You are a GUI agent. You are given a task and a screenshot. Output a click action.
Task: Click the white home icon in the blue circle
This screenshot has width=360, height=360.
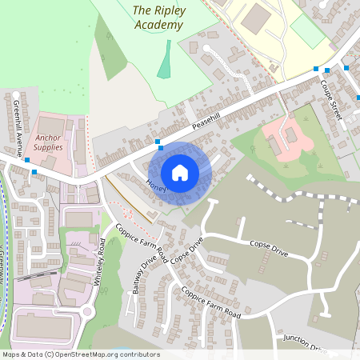pyautogui.click(x=180, y=172)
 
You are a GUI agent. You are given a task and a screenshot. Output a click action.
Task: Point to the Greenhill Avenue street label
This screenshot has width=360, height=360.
pyautogui.click(x=18, y=129)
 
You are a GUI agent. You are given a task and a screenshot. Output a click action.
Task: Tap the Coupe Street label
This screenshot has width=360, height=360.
pyautogui.click(x=331, y=100)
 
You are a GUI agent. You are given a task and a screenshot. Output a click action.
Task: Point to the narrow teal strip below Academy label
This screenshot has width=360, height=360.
pyautogui.click(x=166, y=60)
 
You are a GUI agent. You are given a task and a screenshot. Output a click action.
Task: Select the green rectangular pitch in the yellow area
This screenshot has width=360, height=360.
pyautogui.click(x=307, y=31)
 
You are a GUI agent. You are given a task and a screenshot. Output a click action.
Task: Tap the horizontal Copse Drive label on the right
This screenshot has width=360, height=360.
pyautogui.click(x=268, y=246)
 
